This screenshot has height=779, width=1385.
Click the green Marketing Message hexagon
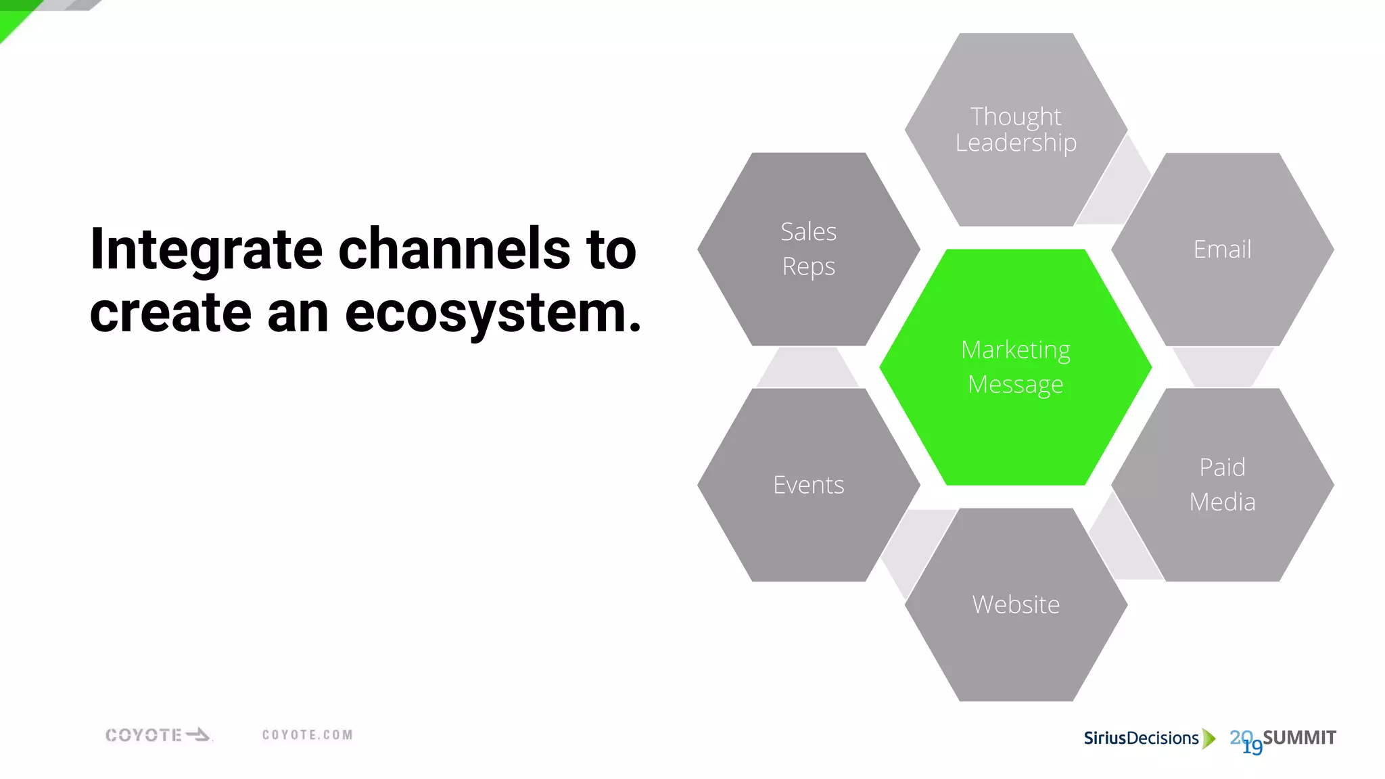tap(1015, 367)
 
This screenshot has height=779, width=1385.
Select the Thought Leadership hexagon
tap(1015, 129)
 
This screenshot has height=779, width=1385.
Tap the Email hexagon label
tap(1222, 249)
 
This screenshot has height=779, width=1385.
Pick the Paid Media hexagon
tap(1222, 484)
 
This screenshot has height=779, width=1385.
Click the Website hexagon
tap(1015, 604)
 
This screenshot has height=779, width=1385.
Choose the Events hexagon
tap(808, 484)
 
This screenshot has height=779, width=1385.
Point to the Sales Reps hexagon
tap(808, 249)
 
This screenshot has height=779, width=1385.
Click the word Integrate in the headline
tap(206, 250)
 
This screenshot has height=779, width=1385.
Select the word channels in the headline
tap(454, 250)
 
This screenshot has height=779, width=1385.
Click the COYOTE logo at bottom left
tap(158, 735)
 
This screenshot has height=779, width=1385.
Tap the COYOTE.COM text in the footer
tap(308, 735)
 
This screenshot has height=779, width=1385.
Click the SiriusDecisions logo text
tap(1141, 738)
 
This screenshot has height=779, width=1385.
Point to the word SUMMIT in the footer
tap(1299, 737)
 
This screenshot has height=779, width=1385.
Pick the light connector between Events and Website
tap(913, 548)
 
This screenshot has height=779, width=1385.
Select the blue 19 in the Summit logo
tap(1252, 747)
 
